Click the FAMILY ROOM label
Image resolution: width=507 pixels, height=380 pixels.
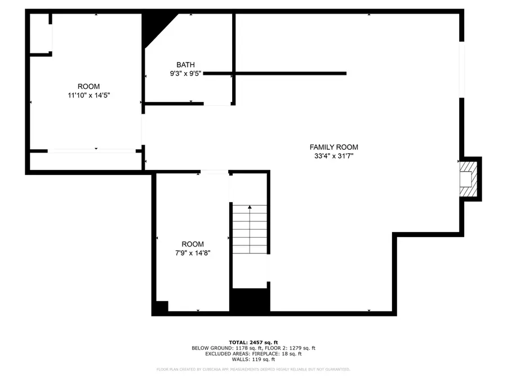coord(333,147)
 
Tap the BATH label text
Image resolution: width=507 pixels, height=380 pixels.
coord(185,65)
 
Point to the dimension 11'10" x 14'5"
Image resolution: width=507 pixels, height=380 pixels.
coord(88,96)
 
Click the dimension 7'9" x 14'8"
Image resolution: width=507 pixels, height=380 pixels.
coord(193,253)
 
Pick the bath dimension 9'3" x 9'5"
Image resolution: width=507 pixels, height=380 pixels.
coord(185,74)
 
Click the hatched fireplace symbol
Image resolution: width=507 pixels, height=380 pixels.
coord(468,178)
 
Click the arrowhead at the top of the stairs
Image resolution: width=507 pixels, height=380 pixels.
coord(250,208)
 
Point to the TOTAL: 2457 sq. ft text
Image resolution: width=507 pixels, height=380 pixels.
coord(253,342)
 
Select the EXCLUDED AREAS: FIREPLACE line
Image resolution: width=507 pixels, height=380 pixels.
coord(253,354)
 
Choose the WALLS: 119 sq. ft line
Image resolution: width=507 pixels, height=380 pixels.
coord(253,359)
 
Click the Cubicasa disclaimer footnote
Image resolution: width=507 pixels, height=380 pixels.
coord(253,369)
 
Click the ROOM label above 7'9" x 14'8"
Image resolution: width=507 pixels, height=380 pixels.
coord(193,244)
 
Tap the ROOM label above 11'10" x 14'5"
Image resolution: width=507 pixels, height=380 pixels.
coord(88,86)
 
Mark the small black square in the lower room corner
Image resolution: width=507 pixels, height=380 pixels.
coord(161,307)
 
